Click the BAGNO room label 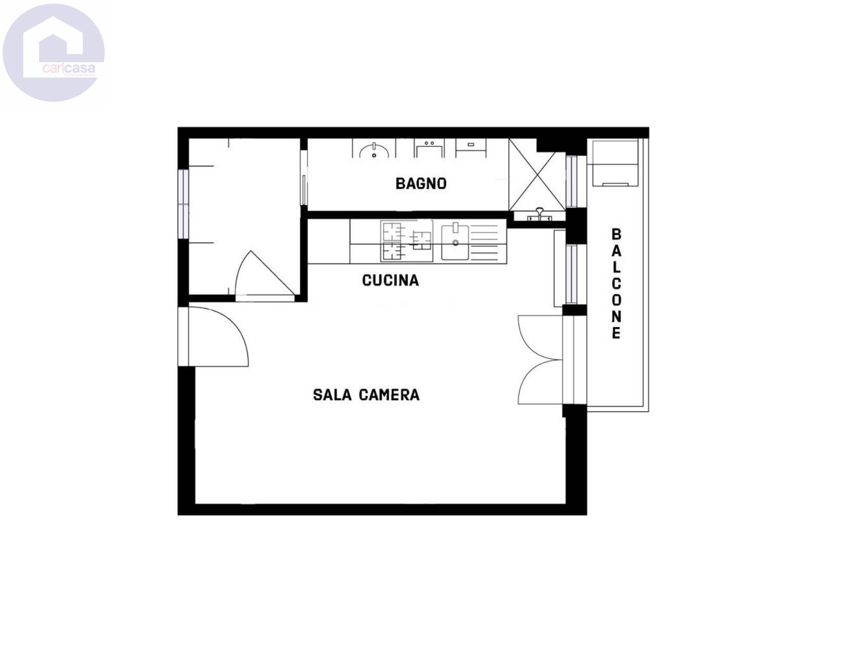point(420,183)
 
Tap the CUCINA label point(390,280)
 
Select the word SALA point(332,395)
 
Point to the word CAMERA point(389,395)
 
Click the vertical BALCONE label point(616,283)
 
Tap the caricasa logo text point(69,69)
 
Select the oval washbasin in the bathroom point(374,151)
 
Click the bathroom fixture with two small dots point(429,148)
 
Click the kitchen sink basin point(455,243)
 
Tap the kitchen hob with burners point(406,241)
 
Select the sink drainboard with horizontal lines point(484,243)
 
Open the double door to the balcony point(540,360)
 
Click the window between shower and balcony point(571,181)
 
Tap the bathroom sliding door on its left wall point(304,178)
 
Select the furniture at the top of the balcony point(612,163)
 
